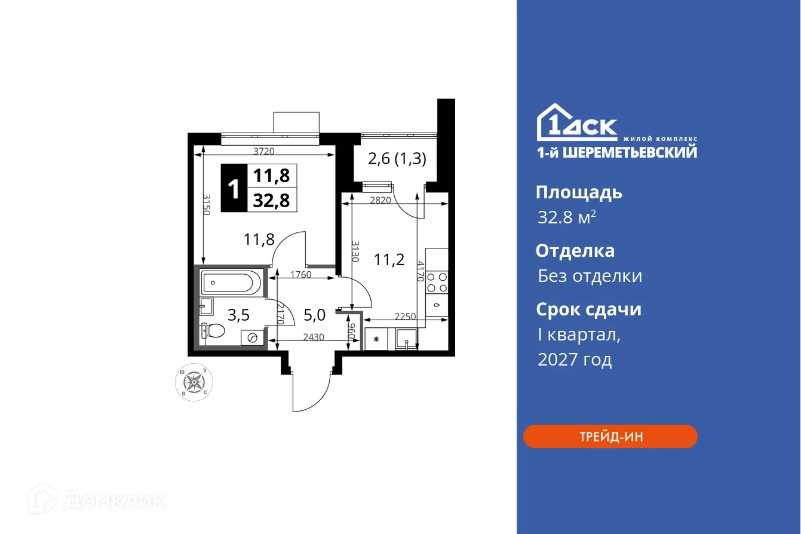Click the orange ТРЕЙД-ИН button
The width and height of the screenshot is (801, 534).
click(x=610, y=437)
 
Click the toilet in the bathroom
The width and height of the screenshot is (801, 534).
click(x=214, y=330)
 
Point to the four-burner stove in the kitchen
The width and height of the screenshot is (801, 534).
click(x=437, y=282)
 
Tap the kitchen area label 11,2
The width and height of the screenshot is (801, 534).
click(x=389, y=259)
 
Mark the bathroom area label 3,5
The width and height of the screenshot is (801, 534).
click(x=239, y=314)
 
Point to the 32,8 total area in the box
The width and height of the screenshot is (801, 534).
click(x=271, y=200)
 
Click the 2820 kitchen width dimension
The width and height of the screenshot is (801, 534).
click(x=380, y=201)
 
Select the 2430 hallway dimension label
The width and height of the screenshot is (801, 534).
click(x=314, y=337)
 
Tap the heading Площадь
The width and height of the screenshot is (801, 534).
click(x=579, y=192)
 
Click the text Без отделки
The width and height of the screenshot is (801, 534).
click(x=590, y=276)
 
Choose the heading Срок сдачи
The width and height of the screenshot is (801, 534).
click(x=588, y=309)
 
